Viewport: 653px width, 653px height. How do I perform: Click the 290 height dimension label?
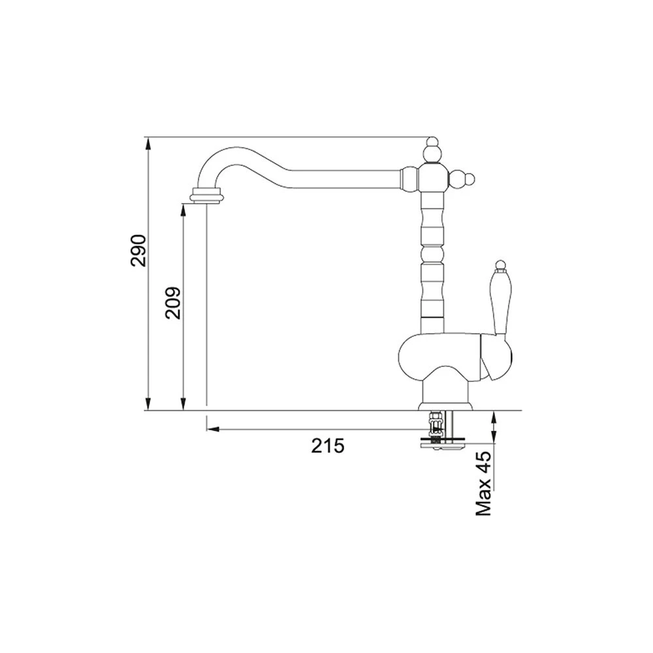(x=138, y=250)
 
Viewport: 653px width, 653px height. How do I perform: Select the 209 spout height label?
(x=173, y=303)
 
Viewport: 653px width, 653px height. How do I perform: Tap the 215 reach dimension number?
(x=328, y=446)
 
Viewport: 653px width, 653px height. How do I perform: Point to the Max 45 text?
(x=484, y=485)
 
